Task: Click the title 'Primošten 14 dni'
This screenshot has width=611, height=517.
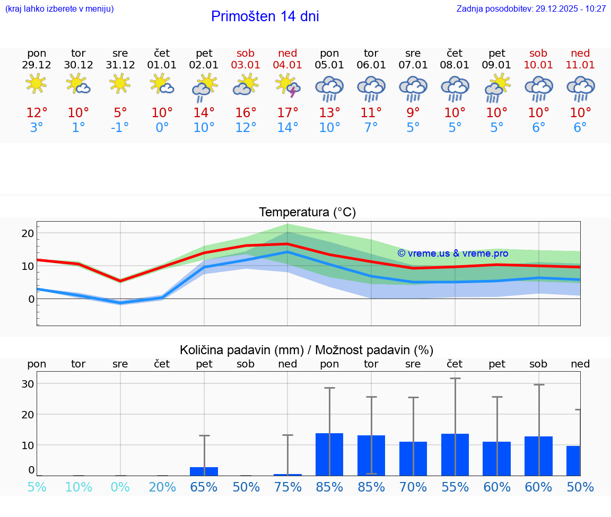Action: (x=265, y=16)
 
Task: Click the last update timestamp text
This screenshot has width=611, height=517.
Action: (x=531, y=8)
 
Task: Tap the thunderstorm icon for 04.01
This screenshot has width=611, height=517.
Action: (x=287, y=85)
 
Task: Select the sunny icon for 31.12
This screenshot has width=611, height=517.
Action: (x=120, y=84)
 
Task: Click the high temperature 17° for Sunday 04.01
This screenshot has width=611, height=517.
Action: (x=287, y=113)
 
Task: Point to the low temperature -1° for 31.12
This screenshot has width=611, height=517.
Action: (x=120, y=128)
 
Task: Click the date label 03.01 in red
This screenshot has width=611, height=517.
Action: (x=246, y=65)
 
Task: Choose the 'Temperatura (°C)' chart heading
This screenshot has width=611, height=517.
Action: (x=307, y=213)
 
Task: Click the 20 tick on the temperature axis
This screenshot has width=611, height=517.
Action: (x=28, y=233)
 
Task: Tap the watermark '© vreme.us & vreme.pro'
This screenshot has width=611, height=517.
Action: (x=452, y=253)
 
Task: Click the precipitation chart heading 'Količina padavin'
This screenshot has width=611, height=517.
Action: (x=307, y=350)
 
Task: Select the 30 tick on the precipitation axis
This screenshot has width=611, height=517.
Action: (x=28, y=384)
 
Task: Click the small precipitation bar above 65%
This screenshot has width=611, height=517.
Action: (x=204, y=471)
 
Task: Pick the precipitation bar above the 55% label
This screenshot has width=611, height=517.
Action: (x=455, y=454)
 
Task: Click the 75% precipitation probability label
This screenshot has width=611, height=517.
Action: (x=287, y=487)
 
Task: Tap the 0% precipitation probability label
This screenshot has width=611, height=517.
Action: (x=120, y=487)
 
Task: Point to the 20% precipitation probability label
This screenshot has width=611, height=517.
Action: (x=162, y=487)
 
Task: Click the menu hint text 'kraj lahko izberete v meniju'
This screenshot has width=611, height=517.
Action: (x=59, y=8)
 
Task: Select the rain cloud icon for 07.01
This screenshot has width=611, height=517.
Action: (x=413, y=88)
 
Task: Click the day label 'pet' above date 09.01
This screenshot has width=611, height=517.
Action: (x=497, y=53)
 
